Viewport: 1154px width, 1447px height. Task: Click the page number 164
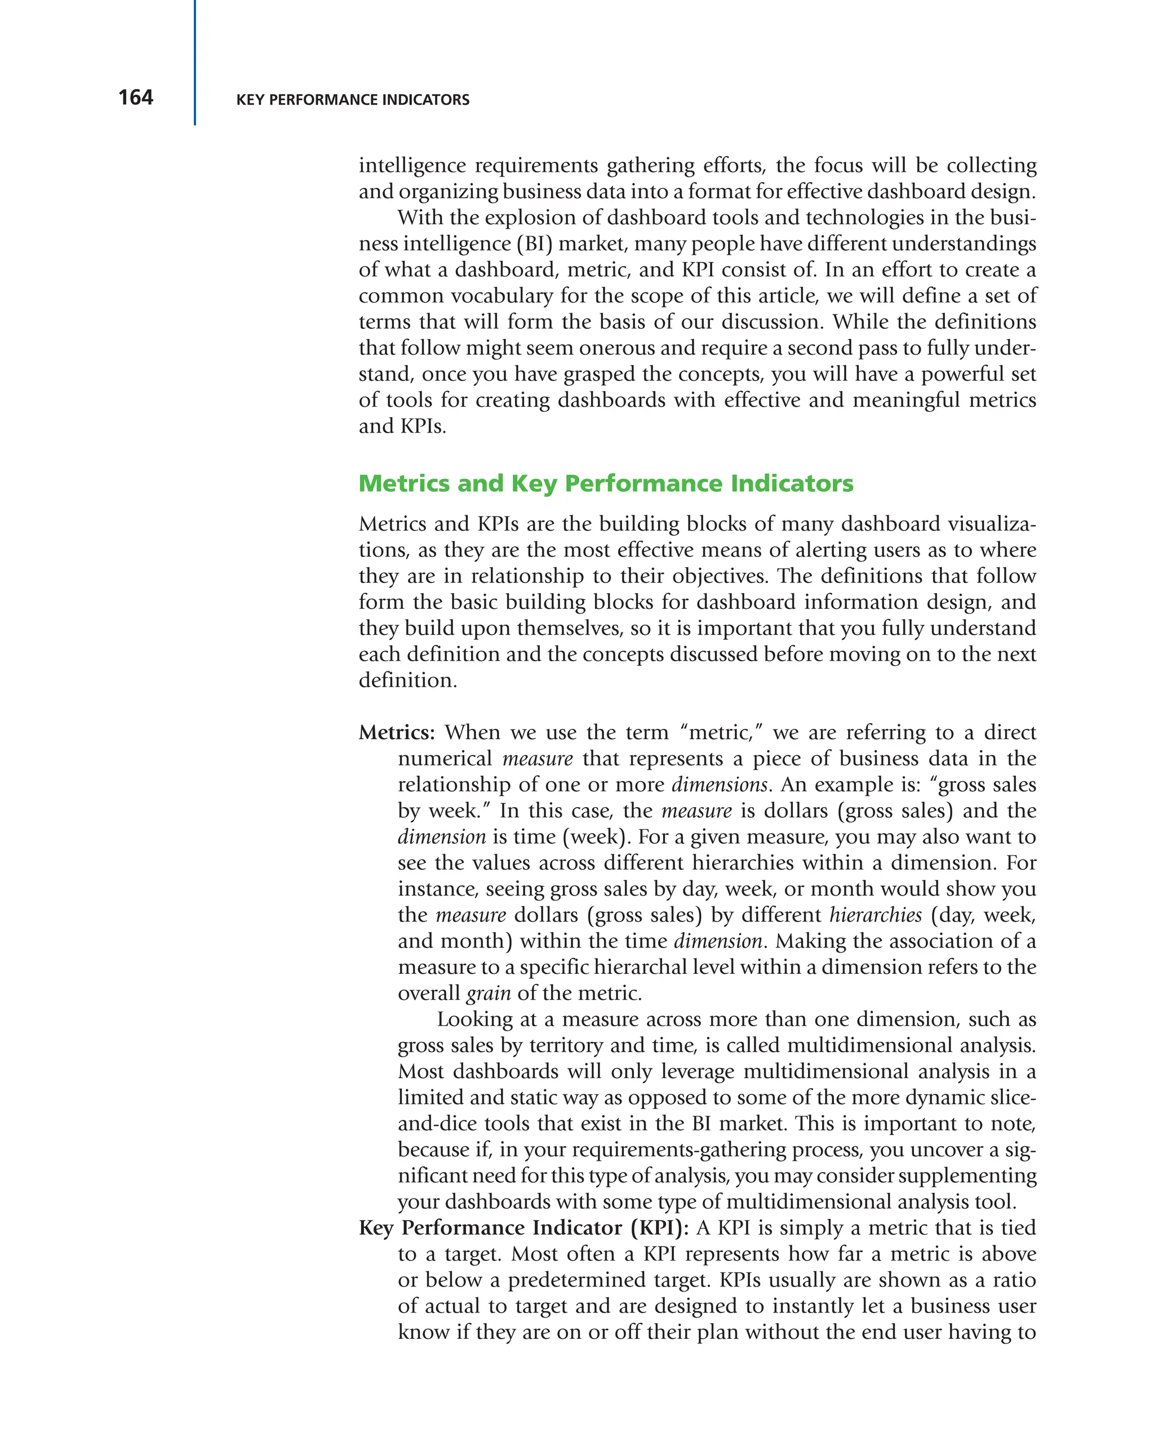point(136,98)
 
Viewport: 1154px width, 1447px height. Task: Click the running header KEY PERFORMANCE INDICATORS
point(352,100)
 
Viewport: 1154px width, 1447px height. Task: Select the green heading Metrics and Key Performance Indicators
point(606,483)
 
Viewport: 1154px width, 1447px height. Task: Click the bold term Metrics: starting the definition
point(397,732)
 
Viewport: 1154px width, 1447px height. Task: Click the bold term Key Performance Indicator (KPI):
point(523,1227)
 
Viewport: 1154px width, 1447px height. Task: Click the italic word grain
point(488,992)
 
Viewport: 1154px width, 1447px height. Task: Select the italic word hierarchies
point(876,915)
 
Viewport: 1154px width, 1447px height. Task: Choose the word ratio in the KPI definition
point(1014,1280)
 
